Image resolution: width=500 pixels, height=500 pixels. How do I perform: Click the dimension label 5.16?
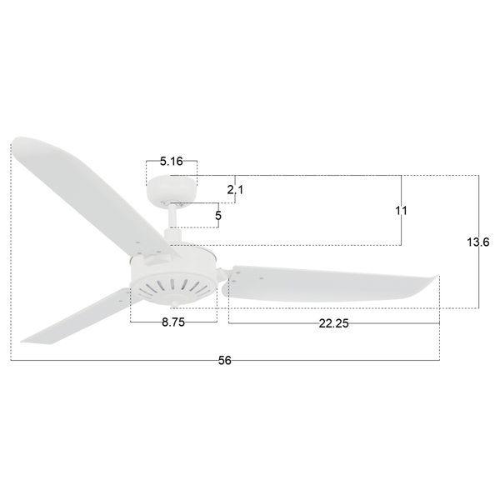pyautogui.click(x=171, y=162)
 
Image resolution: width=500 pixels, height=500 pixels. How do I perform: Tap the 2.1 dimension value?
pyautogui.click(x=235, y=190)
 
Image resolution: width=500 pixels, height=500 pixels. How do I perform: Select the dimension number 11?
pyautogui.click(x=401, y=211)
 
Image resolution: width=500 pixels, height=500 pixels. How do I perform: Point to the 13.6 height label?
pyautogui.click(x=478, y=242)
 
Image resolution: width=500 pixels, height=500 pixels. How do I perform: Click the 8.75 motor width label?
pyautogui.click(x=173, y=322)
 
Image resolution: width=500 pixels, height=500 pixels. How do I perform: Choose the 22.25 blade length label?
pyautogui.click(x=334, y=323)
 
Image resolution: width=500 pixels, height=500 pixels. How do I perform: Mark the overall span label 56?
pyautogui.click(x=224, y=360)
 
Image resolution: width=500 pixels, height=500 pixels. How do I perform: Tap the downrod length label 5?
pyautogui.click(x=218, y=216)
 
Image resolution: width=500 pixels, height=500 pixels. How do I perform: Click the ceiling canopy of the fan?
pyautogui.click(x=172, y=189)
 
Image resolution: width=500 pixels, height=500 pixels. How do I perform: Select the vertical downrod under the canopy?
pyautogui.click(x=172, y=216)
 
